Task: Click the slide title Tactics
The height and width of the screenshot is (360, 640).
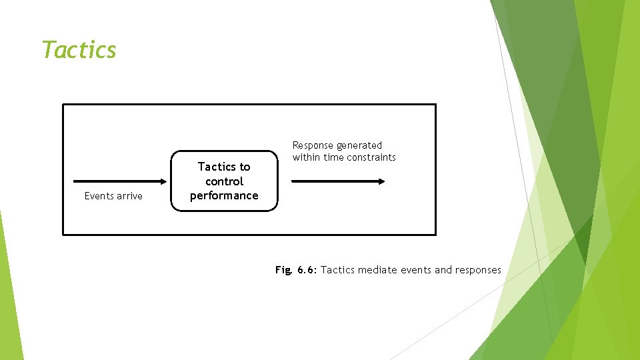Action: [x=79, y=50]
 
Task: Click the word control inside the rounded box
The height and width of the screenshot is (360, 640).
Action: [x=224, y=181]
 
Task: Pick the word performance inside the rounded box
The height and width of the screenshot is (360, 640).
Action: [x=224, y=195]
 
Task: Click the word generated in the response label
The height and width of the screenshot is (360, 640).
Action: [x=359, y=145]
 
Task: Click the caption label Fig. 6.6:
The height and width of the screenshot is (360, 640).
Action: [x=296, y=270]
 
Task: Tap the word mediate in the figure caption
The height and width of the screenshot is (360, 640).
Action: [x=377, y=270]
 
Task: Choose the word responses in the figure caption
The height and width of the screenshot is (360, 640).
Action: [x=477, y=270]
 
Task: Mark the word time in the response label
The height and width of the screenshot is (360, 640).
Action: [x=332, y=157]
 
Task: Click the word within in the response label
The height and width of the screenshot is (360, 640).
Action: [x=307, y=157]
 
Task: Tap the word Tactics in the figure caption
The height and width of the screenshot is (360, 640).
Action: [x=338, y=270]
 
